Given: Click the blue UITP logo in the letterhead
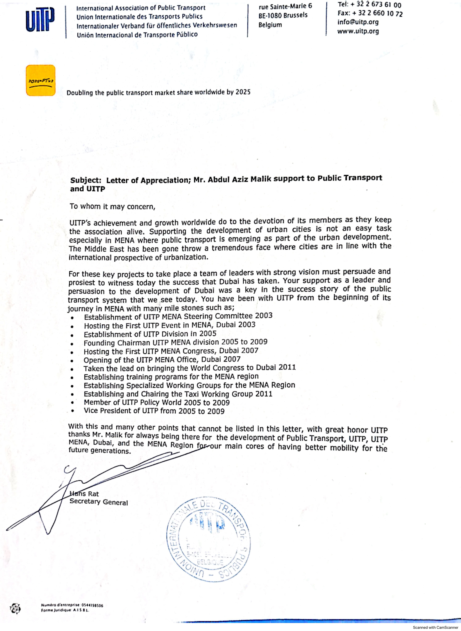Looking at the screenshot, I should point(40,20).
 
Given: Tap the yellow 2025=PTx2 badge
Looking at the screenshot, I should point(40,80).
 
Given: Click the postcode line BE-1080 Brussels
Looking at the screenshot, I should point(283,15).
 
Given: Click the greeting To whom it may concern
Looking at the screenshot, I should point(112,207).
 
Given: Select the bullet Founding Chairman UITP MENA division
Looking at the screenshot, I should point(175,342).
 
